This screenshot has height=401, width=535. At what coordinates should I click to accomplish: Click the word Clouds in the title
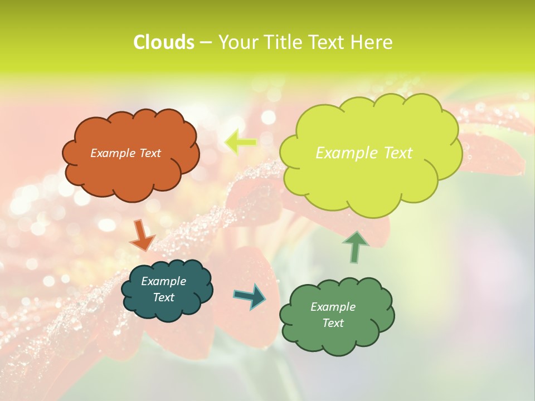coord(164,42)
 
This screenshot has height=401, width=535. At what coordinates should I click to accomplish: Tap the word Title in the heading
coord(283,42)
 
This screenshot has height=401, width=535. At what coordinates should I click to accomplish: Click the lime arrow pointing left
coord(241,143)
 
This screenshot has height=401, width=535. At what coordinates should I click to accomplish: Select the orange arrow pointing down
coord(142,235)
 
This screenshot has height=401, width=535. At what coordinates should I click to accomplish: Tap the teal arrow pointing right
coord(250,296)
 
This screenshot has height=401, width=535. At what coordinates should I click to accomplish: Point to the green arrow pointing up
coord(355,247)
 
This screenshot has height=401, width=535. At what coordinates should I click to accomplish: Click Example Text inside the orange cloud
coord(125,153)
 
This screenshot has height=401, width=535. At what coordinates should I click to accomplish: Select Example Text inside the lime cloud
coord(364,153)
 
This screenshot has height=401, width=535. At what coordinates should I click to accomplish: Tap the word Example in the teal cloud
coord(163,281)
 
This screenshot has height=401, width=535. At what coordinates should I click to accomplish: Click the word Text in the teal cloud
coord(163,297)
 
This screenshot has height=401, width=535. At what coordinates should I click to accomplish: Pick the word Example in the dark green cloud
coord(333,307)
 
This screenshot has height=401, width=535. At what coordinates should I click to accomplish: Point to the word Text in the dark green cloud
coord(333,323)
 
